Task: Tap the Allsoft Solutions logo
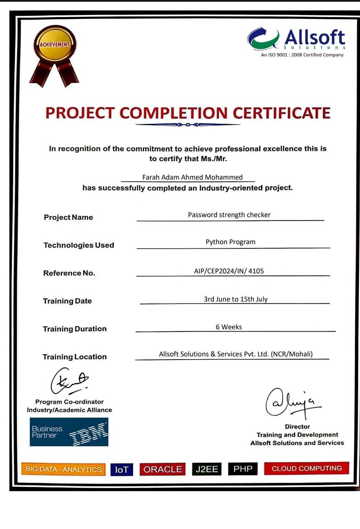click(296, 42)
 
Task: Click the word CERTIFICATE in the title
click(281, 113)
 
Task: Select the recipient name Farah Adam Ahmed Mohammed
click(193, 177)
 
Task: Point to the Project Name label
click(68, 217)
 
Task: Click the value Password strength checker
click(229, 215)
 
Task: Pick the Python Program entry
click(230, 242)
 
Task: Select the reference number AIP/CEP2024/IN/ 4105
click(229, 271)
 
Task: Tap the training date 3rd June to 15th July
click(236, 299)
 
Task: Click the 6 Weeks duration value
click(229, 327)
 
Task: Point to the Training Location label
click(75, 357)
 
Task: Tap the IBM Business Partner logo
click(69, 432)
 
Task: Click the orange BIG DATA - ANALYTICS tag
click(63, 469)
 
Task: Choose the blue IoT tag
click(122, 470)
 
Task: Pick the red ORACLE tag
click(163, 469)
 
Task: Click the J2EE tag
click(207, 469)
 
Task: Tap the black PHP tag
click(243, 469)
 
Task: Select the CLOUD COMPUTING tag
click(306, 468)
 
